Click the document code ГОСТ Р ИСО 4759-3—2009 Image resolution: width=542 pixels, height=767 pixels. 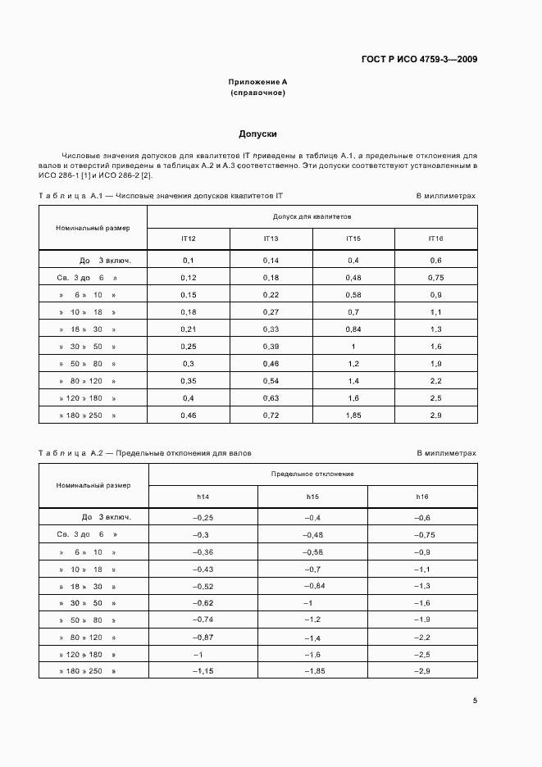coord(420,59)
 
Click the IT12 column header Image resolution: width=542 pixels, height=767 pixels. coord(188,238)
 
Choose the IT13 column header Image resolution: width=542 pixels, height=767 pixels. coord(271,238)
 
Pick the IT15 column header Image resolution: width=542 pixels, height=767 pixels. coord(353,238)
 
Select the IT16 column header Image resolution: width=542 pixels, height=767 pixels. coord(435,238)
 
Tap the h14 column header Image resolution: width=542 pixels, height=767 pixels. coord(203,497)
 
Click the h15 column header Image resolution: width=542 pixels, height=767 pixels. coord(312,497)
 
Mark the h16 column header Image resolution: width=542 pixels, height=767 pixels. coord(422,497)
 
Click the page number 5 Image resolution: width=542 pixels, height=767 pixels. coord(474,700)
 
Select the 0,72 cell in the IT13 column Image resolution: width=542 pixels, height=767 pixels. coord(271,415)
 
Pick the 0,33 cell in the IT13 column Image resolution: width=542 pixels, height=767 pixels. coord(271,329)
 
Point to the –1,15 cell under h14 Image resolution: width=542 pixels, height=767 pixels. coord(203,672)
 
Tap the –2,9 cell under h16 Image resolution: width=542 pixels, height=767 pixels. coord(422,672)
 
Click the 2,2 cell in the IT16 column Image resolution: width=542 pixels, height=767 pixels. coord(435,381)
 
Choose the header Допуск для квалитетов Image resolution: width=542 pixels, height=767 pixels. coord(312,217)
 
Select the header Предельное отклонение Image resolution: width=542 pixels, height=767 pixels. coord(312,474)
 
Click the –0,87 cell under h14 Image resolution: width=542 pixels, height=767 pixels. coord(203,637)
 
